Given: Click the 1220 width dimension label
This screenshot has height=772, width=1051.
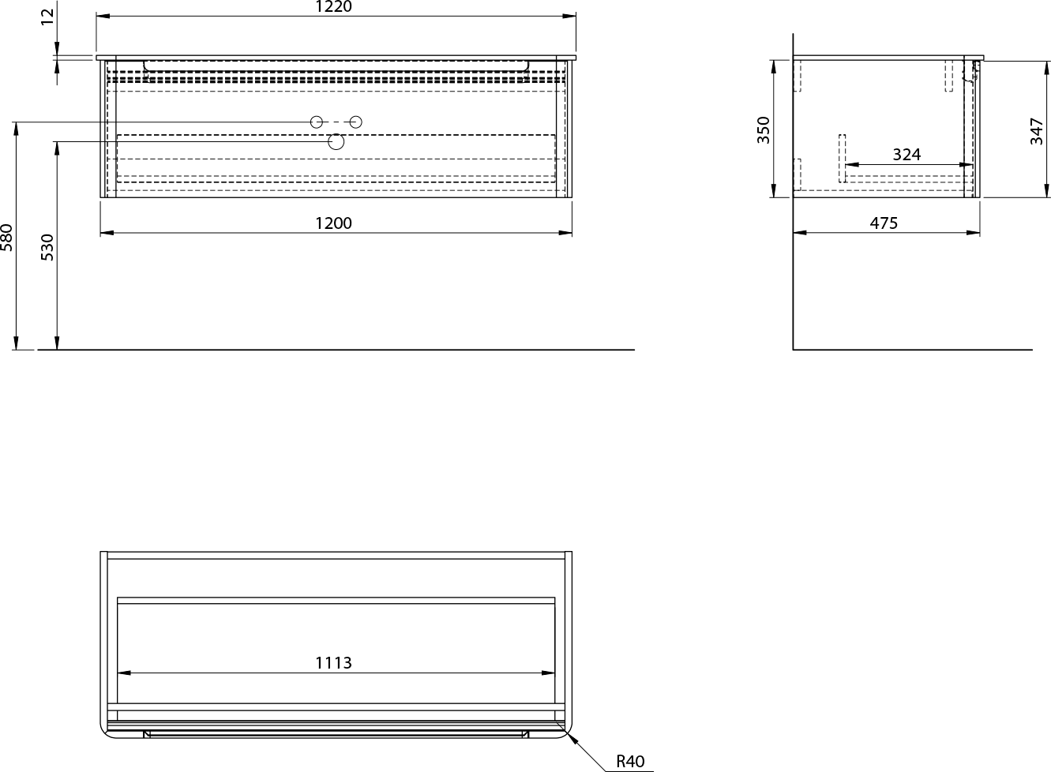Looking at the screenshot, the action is click(333, 6).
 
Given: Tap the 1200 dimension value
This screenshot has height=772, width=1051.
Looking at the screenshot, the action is click(333, 223).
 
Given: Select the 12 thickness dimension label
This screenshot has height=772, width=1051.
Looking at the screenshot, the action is click(47, 17).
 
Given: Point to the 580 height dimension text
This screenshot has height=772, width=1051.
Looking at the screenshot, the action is click(6, 238).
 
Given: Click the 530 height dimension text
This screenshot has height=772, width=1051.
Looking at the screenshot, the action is click(47, 247).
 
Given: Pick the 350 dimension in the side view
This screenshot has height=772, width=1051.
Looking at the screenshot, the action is click(764, 130).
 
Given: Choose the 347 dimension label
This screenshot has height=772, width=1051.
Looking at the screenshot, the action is click(1037, 131).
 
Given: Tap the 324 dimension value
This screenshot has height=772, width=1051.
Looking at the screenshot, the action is click(906, 154).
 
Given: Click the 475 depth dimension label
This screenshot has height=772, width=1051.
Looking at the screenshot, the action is click(884, 223).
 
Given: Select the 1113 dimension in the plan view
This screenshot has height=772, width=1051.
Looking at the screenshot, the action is click(333, 663).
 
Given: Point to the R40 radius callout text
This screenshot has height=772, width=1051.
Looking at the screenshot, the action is click(630, 761).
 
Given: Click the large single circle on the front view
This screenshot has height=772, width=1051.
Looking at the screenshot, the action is click(336, 141).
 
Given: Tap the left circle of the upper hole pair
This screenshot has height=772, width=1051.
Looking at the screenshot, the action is click(317, 122).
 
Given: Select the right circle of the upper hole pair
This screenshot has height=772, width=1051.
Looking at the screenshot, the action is click(355, 122).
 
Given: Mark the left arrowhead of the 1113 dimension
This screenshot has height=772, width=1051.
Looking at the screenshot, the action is click(124, 673).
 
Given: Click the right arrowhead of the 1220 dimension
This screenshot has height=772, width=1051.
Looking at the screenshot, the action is click(569, 16).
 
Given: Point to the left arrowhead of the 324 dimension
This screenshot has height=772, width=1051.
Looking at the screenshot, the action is click(852, 165).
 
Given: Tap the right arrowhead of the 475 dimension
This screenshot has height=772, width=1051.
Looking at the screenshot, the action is click(973, 233).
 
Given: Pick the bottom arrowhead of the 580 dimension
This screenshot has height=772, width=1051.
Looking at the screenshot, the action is click(16, 343).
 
